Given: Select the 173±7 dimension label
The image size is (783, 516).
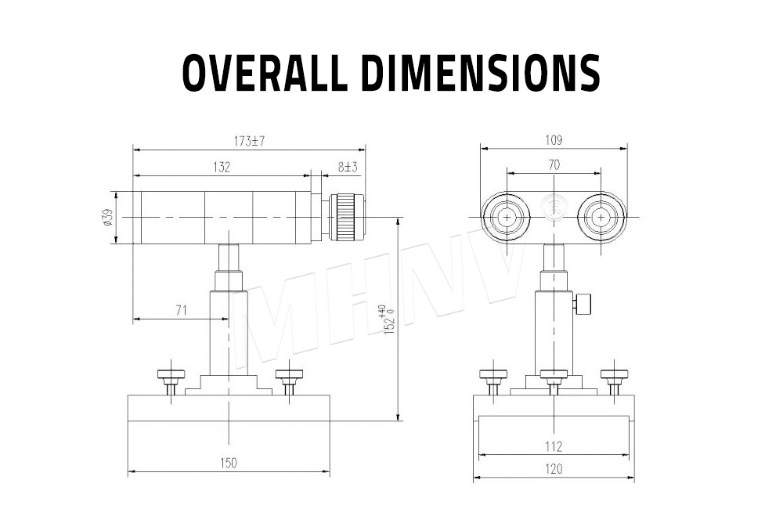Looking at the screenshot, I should [x=250, y=142].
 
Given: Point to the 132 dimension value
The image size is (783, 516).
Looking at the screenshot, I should [x=222, y=167].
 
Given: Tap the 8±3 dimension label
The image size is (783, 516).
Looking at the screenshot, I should [x=348, y=167].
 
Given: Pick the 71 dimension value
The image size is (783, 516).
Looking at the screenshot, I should [x=181, y=311].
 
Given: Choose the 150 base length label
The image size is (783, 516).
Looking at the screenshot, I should [x=228, y=464].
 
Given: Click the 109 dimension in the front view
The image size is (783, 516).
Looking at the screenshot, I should [x=554, y=141].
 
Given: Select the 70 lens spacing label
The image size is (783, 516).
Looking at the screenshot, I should [x=554, y=165].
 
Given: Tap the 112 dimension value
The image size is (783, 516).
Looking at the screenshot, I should [x=554, y=446].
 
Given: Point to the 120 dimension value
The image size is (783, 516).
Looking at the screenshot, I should [x=554, y=469].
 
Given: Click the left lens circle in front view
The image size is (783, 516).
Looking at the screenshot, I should [x=507, y=217].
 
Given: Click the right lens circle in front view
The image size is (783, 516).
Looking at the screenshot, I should [x=601, y=217].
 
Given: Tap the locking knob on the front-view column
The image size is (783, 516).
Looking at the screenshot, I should [x=583, y=303].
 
